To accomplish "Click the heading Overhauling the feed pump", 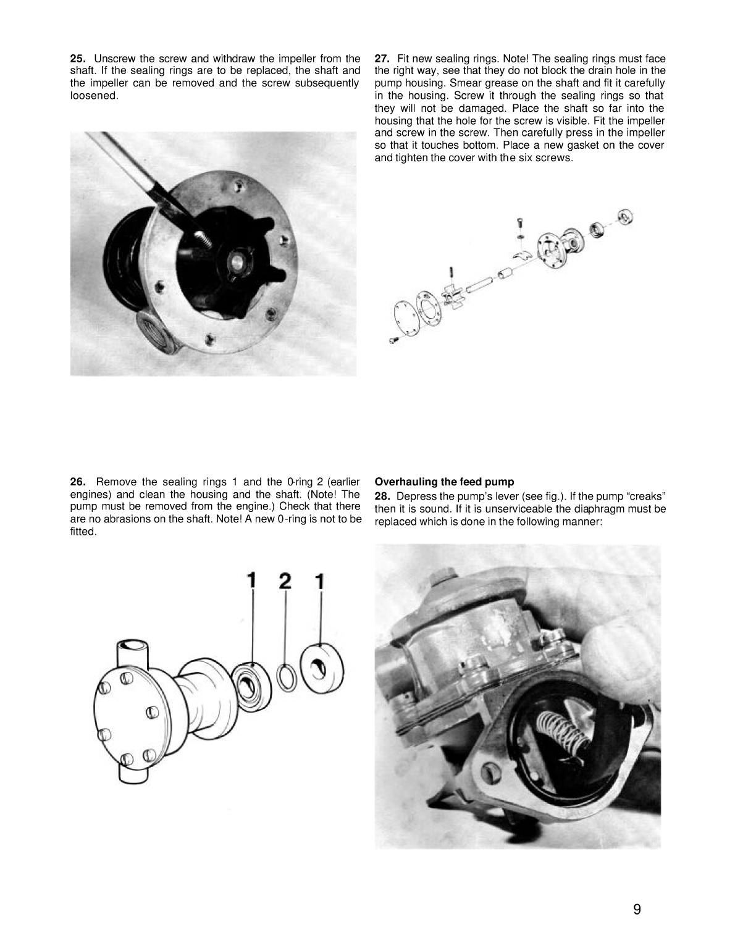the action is tap(444, 482).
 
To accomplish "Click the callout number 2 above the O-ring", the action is tap(285, 580).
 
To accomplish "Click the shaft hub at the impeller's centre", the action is tap(238, 262).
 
